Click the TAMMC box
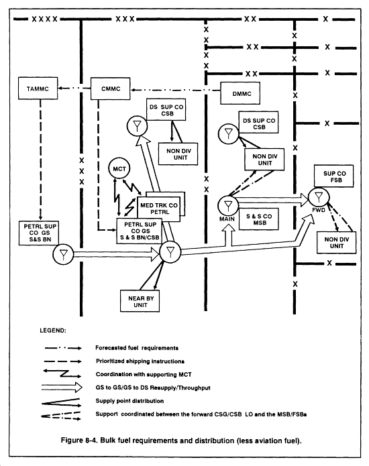tap(38, 89)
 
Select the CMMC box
tap(110, 89)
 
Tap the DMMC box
tap(240, 93)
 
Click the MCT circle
tap(119, 168)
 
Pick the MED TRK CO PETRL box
tap(159, 209)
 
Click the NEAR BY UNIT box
tap(140, 301)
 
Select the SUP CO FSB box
tap(334, 176)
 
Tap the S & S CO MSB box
tap(259, 219)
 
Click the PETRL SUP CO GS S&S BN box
tap(39, 233)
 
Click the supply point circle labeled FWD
tap(319, 196)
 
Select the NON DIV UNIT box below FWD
tap(336, 243)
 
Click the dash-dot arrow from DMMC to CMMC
tap(176, 90)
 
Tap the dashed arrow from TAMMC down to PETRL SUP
tap(40, 160)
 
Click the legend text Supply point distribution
tap(129, 401)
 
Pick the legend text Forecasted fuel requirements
tap(137, 348)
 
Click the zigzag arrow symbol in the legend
tap(62, 373)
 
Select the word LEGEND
tap(53, 331)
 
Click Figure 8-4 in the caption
tap(79, 440)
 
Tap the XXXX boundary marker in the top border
tap(44, 19)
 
